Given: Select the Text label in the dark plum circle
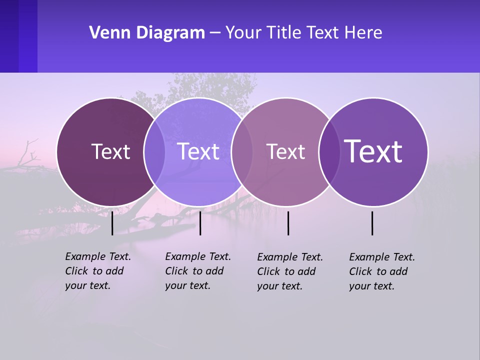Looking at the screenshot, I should click(x=110, y=151).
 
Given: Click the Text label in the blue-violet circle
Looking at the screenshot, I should click(x=198, y=151).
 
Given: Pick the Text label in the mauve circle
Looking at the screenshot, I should click(x=285, y=151).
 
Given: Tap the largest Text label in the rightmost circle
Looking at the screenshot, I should click(x=373, y=151).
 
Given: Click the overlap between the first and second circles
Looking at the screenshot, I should click(x=154, y=151).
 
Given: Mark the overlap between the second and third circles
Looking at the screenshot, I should click(x=241, y=151).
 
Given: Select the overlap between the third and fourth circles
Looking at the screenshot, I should click(x=329, y=151).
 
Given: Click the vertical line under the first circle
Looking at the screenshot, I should click(x=112, y=223).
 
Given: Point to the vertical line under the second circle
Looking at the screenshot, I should click(x=200, y=223).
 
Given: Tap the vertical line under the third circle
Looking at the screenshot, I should click(x=288, y=223).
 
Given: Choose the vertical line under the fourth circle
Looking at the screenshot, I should click(x=372, y=223).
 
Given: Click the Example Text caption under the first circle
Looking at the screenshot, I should click(x=98, y=271).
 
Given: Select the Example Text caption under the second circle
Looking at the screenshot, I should click(x=198, y=271).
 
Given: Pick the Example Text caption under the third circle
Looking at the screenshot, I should click(x=290, y=271).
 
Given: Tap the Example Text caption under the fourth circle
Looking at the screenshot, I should click(x=382, y=271).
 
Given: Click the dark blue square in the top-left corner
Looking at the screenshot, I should click(x=18, y=36).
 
